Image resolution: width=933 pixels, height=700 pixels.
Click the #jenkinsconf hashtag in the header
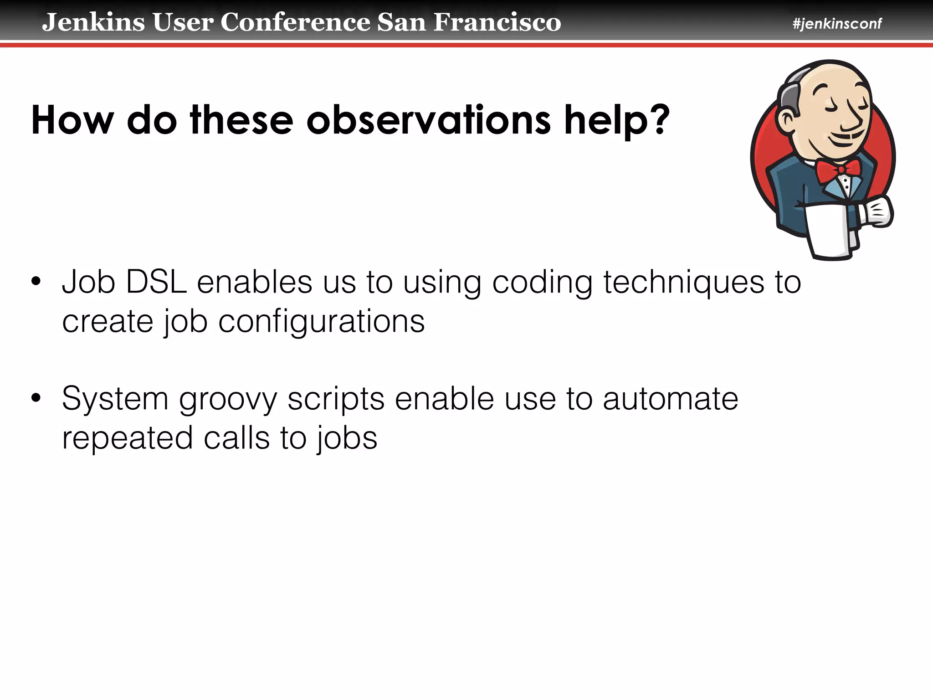pyautogui.click(x=837, y=24)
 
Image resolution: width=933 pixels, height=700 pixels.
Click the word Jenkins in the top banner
pyautogui.click(x=93, y=22)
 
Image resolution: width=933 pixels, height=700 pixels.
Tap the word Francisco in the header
pyautogui.click(x=497, y=22)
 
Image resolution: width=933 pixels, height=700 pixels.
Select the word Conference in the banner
pyautogui.click(x=296, y=22)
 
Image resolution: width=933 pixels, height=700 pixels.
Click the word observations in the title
pyautogui.click(x=429, y=120)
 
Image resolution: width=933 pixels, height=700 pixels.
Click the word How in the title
pyautogui.click(x=72, y=120)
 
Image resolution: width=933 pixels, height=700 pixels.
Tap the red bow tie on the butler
pyautogui.click(x=838, y=170)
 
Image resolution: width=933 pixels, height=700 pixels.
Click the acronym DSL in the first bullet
pyautogui.click(x=156, y=282)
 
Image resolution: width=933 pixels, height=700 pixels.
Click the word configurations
pyautogui.click(x=321, y=322)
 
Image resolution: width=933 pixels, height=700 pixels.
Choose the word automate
pyautogui.click(x=670, y=399)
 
